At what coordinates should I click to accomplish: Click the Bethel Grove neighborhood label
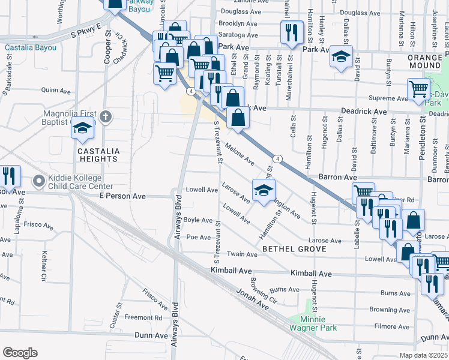tap(294, 248)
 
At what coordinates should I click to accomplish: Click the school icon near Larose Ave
tap(262, 191)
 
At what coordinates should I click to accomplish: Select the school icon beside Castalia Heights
tap(82, 127)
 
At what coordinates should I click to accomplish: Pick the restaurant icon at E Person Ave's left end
tap(8, 176)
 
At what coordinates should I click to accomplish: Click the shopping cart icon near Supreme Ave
tap(418, 89)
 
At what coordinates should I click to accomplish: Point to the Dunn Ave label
tap(149, 335)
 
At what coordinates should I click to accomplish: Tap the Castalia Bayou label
tap(31, 47)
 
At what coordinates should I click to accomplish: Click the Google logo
tap(20, 353)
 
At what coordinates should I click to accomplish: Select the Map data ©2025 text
tap(424, 355)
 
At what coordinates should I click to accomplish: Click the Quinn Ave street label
tap(57, 90)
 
